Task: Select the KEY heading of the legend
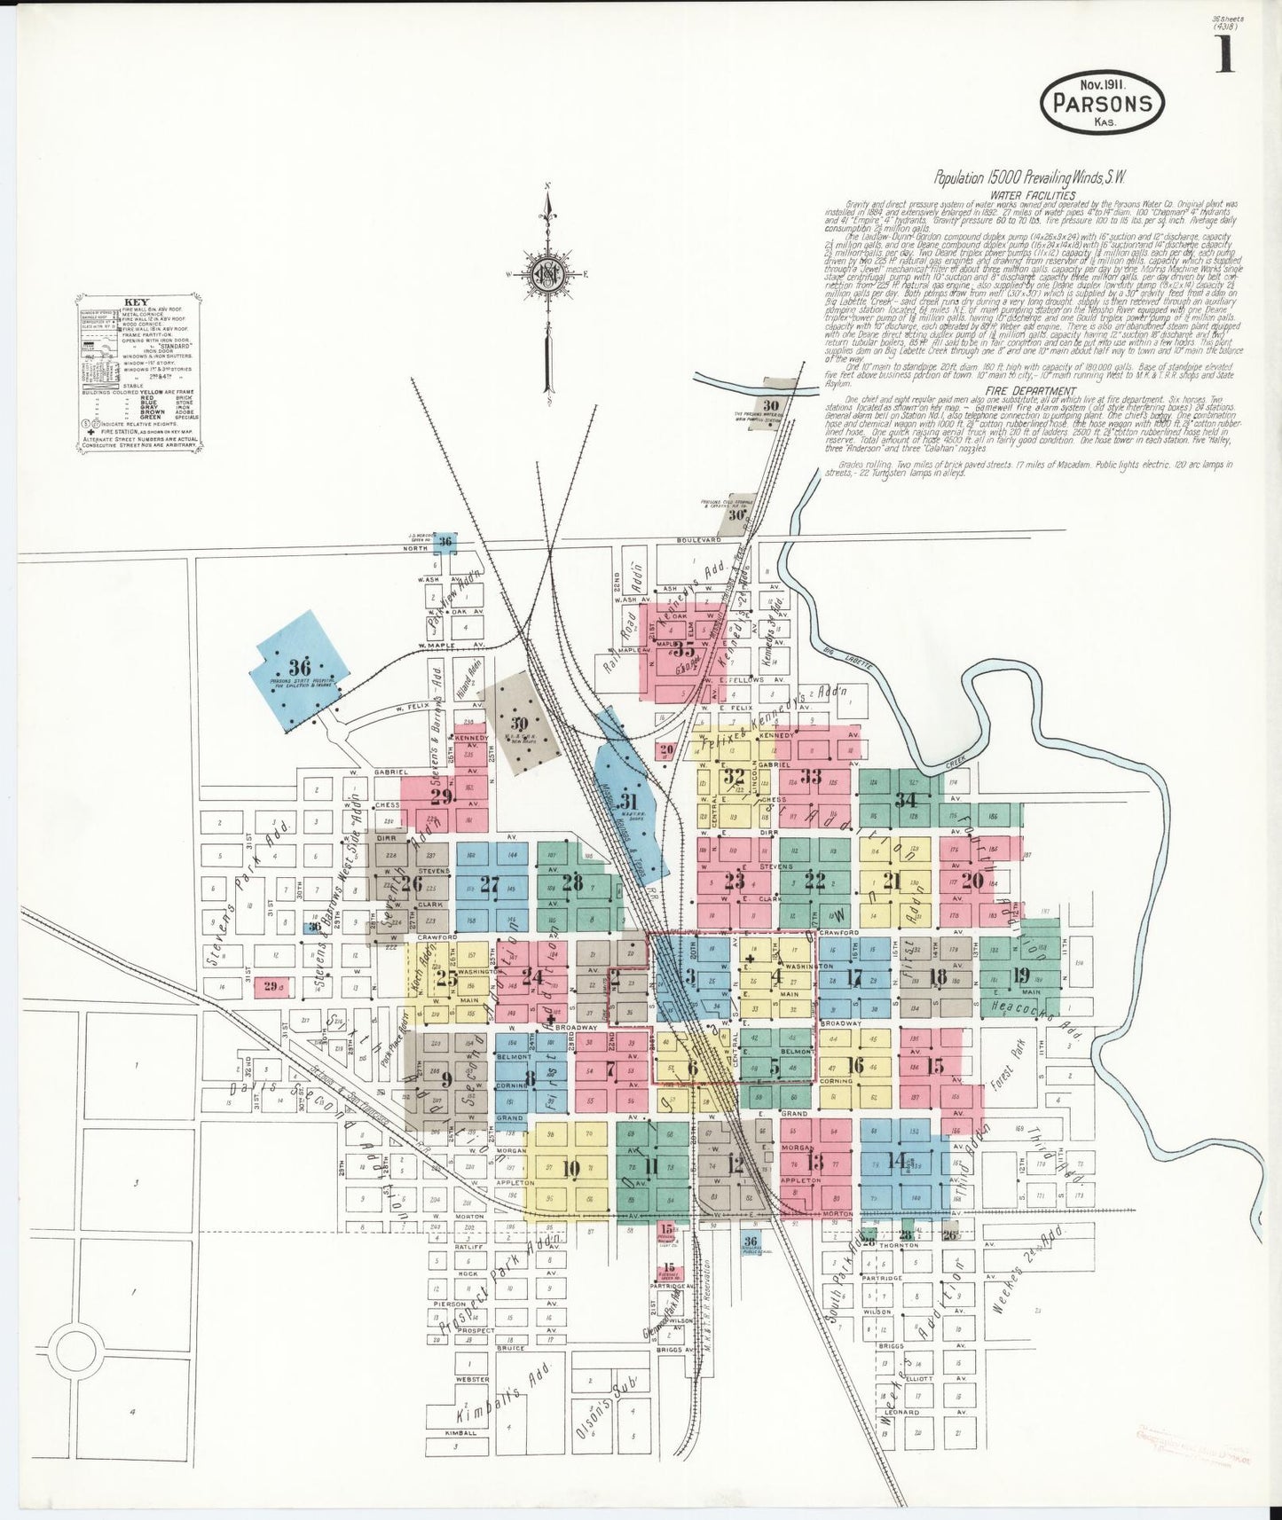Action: click(x=130, y=301)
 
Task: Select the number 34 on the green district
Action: click(x=905, y=797)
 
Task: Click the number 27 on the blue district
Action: click(x=489, y=883)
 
